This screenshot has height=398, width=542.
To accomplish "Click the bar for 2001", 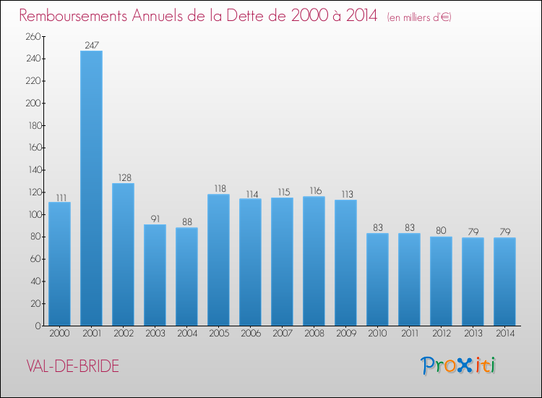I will coord(91,188).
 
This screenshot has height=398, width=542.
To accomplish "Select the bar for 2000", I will coord(59,264).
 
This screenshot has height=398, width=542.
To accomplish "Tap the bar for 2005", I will coord(218,260).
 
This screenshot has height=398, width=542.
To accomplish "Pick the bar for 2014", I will coord(504,281).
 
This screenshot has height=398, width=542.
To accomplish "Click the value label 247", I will coord(91,45).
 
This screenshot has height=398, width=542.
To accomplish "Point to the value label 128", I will coord(123,177).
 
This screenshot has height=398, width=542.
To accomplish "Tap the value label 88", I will coord(186,222).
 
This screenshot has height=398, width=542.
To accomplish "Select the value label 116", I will coord(314,191).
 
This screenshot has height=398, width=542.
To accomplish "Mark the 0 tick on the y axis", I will coord(36,326).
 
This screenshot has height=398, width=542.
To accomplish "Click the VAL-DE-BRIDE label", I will coord(71,365).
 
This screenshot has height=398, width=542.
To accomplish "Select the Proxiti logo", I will coord(459,365).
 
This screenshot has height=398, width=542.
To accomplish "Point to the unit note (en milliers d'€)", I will coord(418,17).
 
